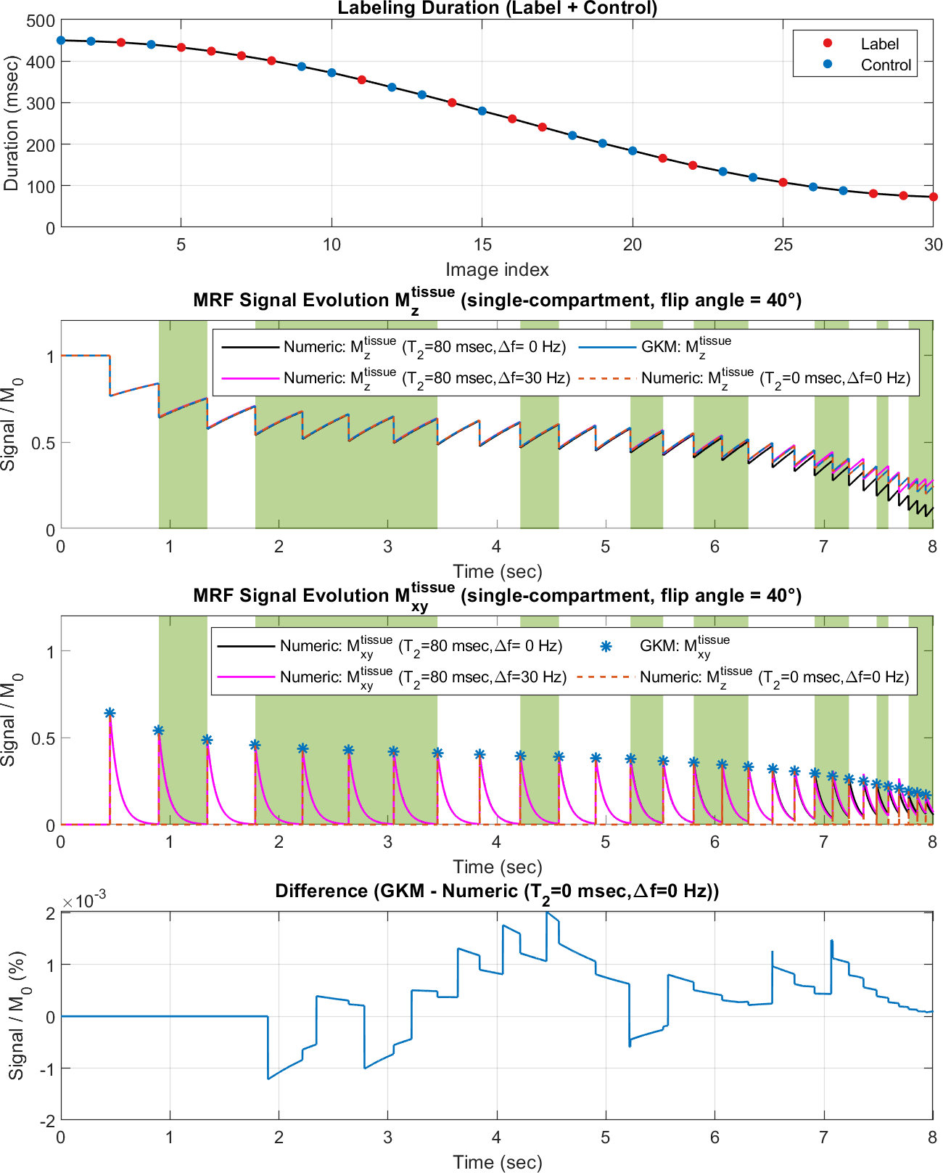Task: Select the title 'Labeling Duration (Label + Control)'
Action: tap(497, 9)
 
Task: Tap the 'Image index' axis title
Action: tap(497, 270)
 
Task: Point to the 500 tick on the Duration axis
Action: tap(41, 21)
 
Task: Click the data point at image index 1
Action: tap(61, 41)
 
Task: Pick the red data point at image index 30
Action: tap(934, 197)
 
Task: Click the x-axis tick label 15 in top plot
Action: tap(482, 245)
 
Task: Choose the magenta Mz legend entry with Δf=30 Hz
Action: tap(395, 378)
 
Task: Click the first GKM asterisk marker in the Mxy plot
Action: tap(110, 714)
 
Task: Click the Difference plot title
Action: tap(497, 891)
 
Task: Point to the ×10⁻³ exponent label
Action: tap(84, 900)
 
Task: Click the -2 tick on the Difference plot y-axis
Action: tap(46, 1121)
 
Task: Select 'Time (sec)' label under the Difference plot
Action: tap(497, 1162)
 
